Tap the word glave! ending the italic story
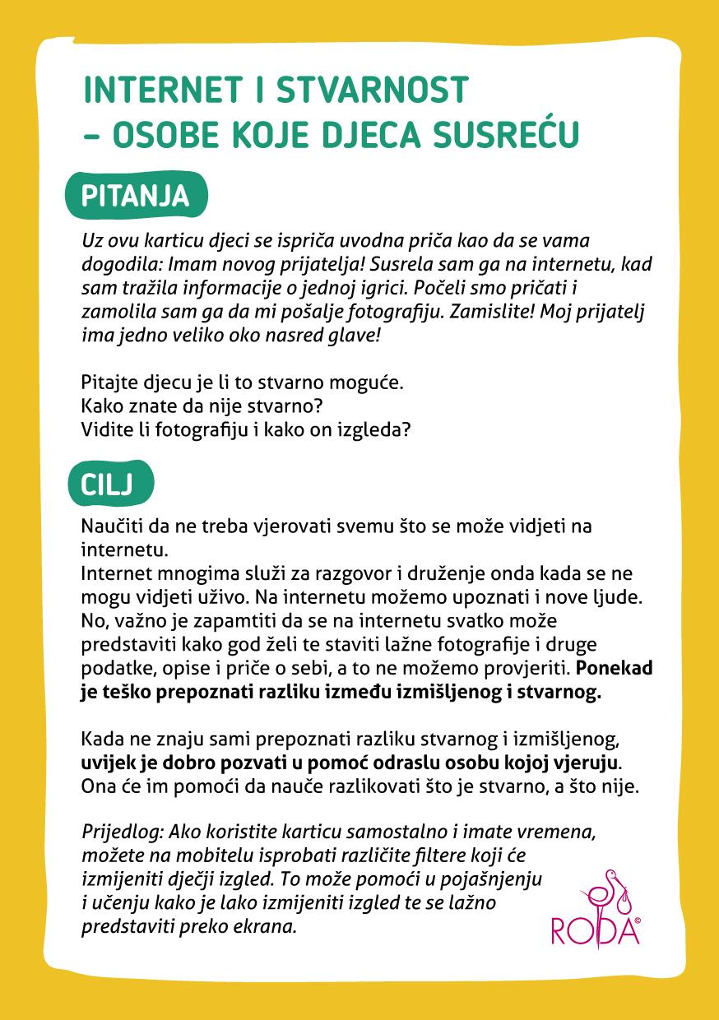(x=355, y=336)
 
